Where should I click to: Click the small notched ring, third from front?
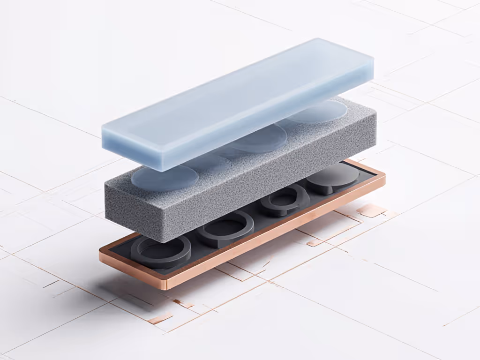pos(284,200)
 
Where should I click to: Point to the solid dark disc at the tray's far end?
pos(333,178)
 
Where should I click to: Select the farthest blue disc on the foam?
pos(319,110)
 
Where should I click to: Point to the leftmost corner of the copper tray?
pos(100,253)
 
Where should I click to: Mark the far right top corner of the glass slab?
pos(373,59)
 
